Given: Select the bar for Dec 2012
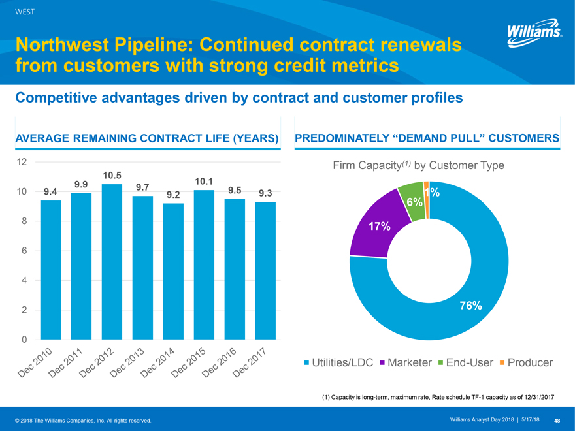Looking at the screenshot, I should click(x=112, y=261).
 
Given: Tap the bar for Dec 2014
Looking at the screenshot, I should click(x=173, y=271).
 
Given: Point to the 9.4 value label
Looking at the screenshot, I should click(x=50, y=191).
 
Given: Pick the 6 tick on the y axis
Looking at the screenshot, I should click(x=24, y=251).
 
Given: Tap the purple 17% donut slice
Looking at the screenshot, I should click(x=372, y=225).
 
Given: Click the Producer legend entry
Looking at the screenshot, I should click(x=527, y=362).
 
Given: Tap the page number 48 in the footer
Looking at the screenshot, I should click(x=557, y=419).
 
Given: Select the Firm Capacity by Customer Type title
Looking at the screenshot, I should click(x=418, y=166).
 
